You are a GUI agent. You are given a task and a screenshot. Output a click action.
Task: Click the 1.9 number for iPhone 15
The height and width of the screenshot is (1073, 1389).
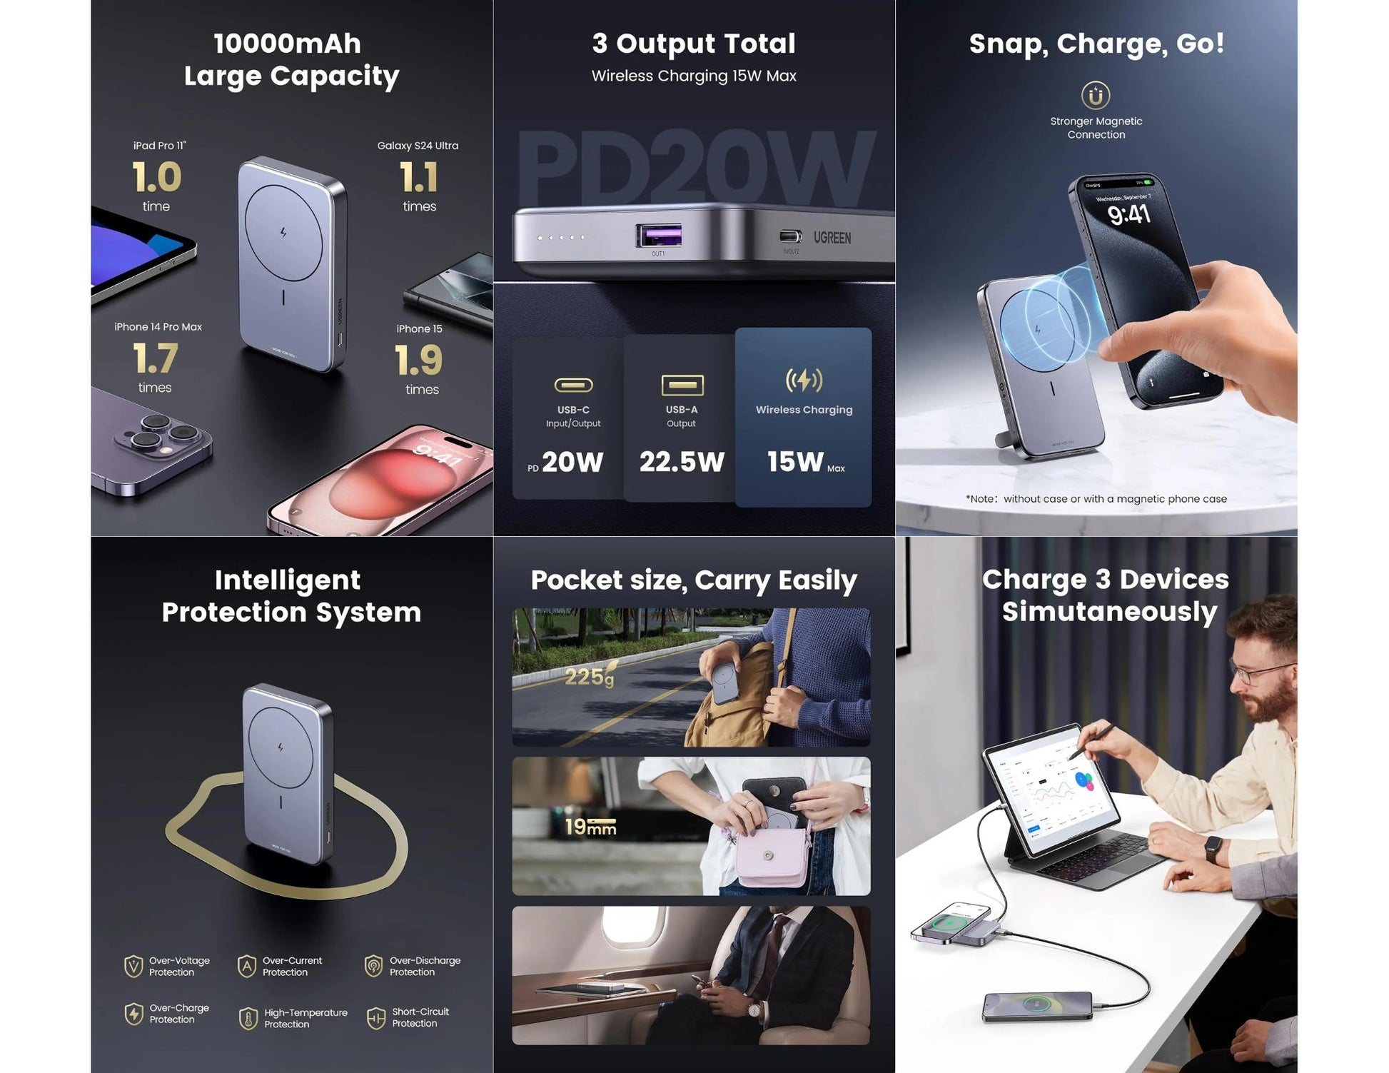point(418,361)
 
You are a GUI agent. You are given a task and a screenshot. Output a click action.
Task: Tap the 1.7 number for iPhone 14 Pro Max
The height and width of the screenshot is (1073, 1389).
point(155,358)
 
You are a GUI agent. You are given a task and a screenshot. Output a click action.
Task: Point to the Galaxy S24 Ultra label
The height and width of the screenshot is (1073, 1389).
point(418,146)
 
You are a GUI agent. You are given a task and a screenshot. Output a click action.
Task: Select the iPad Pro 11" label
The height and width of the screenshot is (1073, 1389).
point(159,146)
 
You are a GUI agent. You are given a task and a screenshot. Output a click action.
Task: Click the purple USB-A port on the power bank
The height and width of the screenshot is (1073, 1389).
point(658,235)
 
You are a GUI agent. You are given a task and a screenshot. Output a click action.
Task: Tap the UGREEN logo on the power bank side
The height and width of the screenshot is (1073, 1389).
point(832,238)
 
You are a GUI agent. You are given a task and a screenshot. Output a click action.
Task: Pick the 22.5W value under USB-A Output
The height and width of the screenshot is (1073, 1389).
point(682,462)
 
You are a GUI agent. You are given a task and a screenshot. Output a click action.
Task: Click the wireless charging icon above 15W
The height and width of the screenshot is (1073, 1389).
point(804,381)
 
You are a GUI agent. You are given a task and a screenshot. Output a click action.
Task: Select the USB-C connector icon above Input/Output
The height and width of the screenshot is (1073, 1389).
point(573,386)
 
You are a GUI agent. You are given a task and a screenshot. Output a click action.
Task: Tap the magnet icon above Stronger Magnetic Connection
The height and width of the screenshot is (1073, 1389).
point(1096,95)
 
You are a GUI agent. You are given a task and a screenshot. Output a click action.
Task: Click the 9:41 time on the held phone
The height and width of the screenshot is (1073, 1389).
point(1128,213)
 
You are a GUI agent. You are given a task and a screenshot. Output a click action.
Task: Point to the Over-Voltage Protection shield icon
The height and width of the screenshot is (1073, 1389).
point(133,967)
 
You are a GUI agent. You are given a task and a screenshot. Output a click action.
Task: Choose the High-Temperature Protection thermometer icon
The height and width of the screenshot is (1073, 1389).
point(248,1018)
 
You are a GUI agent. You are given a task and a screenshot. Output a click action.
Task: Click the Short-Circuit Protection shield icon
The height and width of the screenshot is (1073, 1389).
point(375,1017)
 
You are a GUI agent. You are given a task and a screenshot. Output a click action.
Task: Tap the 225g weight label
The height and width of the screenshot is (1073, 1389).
point(589,676)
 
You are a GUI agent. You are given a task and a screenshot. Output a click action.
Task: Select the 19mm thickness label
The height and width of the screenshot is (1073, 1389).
point(590,827)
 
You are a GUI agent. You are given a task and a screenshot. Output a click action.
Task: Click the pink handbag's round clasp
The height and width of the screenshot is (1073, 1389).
point(768,855)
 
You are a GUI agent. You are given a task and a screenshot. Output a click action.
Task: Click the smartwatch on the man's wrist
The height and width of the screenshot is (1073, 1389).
point(1213,850)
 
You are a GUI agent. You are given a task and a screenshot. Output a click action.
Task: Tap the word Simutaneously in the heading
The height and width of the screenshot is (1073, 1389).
point(1109,612)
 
